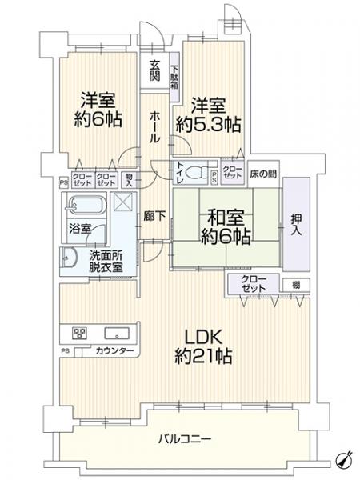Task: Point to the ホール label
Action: [x=155, y=126]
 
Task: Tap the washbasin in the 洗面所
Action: [x=67, y=257]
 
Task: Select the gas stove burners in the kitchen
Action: [x=81, y=334]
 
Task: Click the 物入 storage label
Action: [x=127, y=180]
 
